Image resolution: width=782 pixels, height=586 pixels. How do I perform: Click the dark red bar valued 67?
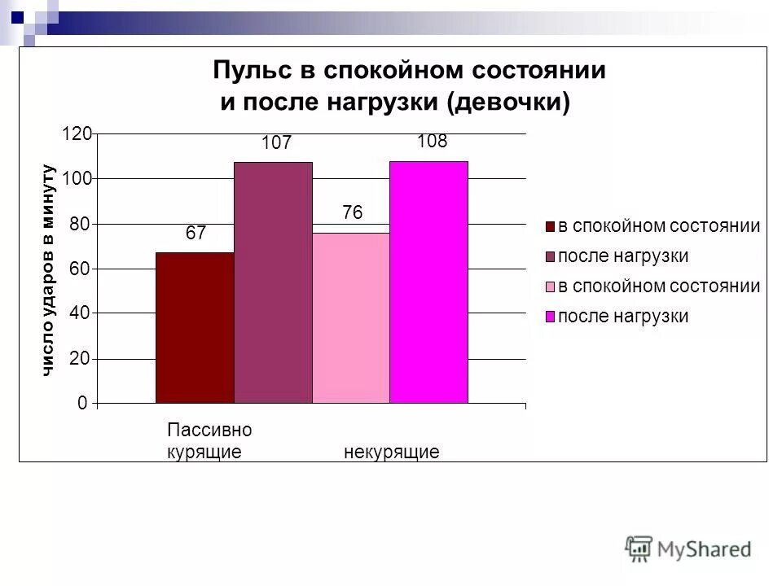[x=195, y=328]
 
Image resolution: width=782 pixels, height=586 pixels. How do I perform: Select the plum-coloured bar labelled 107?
[x=273, y=282]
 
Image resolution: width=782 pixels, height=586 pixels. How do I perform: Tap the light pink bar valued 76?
[x=351, y=317]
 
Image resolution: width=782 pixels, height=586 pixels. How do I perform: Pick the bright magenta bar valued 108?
[x=429, y=282]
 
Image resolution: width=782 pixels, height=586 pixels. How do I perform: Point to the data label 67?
[x=195, y=234]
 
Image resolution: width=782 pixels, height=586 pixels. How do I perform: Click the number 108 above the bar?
[x=432, y=142]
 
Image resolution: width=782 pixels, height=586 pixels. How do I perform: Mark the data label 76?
[x=352, y=212]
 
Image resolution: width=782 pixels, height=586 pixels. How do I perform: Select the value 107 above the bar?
[x=276, y=143]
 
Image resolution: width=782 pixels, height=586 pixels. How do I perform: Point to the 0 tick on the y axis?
[x=83, y=403]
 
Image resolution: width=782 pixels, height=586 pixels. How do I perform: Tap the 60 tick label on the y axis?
[x=79, y=269]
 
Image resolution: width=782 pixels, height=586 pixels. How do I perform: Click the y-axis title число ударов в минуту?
[x=47, y=269]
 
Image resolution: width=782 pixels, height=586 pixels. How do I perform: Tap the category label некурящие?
[x=392, y=452]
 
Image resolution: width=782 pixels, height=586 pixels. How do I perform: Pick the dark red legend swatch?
[x=551, y=227]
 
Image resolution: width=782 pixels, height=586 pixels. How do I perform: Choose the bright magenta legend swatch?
[x=551, y=317]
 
